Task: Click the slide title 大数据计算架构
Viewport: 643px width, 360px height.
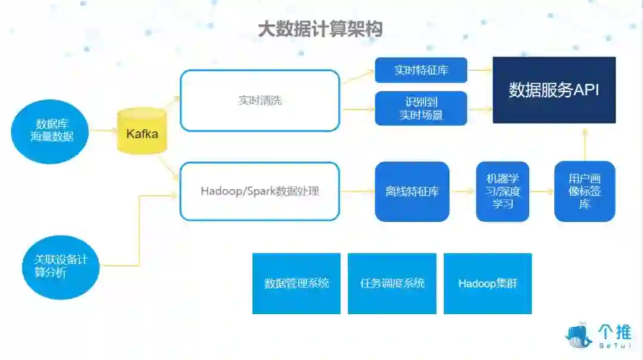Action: coord(320,29)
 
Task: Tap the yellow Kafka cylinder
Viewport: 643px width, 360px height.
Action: coord(142,132)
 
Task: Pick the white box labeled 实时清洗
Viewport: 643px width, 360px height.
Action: coord(260,101)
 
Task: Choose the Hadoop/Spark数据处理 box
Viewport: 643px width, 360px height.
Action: coord(260,192)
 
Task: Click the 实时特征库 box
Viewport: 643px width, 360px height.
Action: coord(421,70)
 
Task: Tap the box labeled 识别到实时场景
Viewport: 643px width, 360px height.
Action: coord(421,108)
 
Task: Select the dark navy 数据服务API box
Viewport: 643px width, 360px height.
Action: coord(554,90)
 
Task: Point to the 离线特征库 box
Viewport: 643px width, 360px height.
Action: coord(412,192)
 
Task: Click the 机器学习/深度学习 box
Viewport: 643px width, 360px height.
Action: coord(502,192)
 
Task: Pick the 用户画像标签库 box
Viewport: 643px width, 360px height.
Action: coord(584,192)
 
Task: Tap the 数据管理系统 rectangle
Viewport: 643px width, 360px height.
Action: coord(296,283)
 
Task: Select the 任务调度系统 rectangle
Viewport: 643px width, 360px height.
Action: coord(392,283)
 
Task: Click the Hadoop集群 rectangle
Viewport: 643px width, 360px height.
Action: coord(488,283)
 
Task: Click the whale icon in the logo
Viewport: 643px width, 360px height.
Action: coord(578,336)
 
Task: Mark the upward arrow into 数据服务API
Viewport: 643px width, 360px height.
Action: coord(585,143)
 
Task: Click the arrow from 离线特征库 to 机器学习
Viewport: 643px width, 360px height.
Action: coord(463,192)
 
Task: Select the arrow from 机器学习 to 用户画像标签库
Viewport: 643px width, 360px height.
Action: coord(541,192)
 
